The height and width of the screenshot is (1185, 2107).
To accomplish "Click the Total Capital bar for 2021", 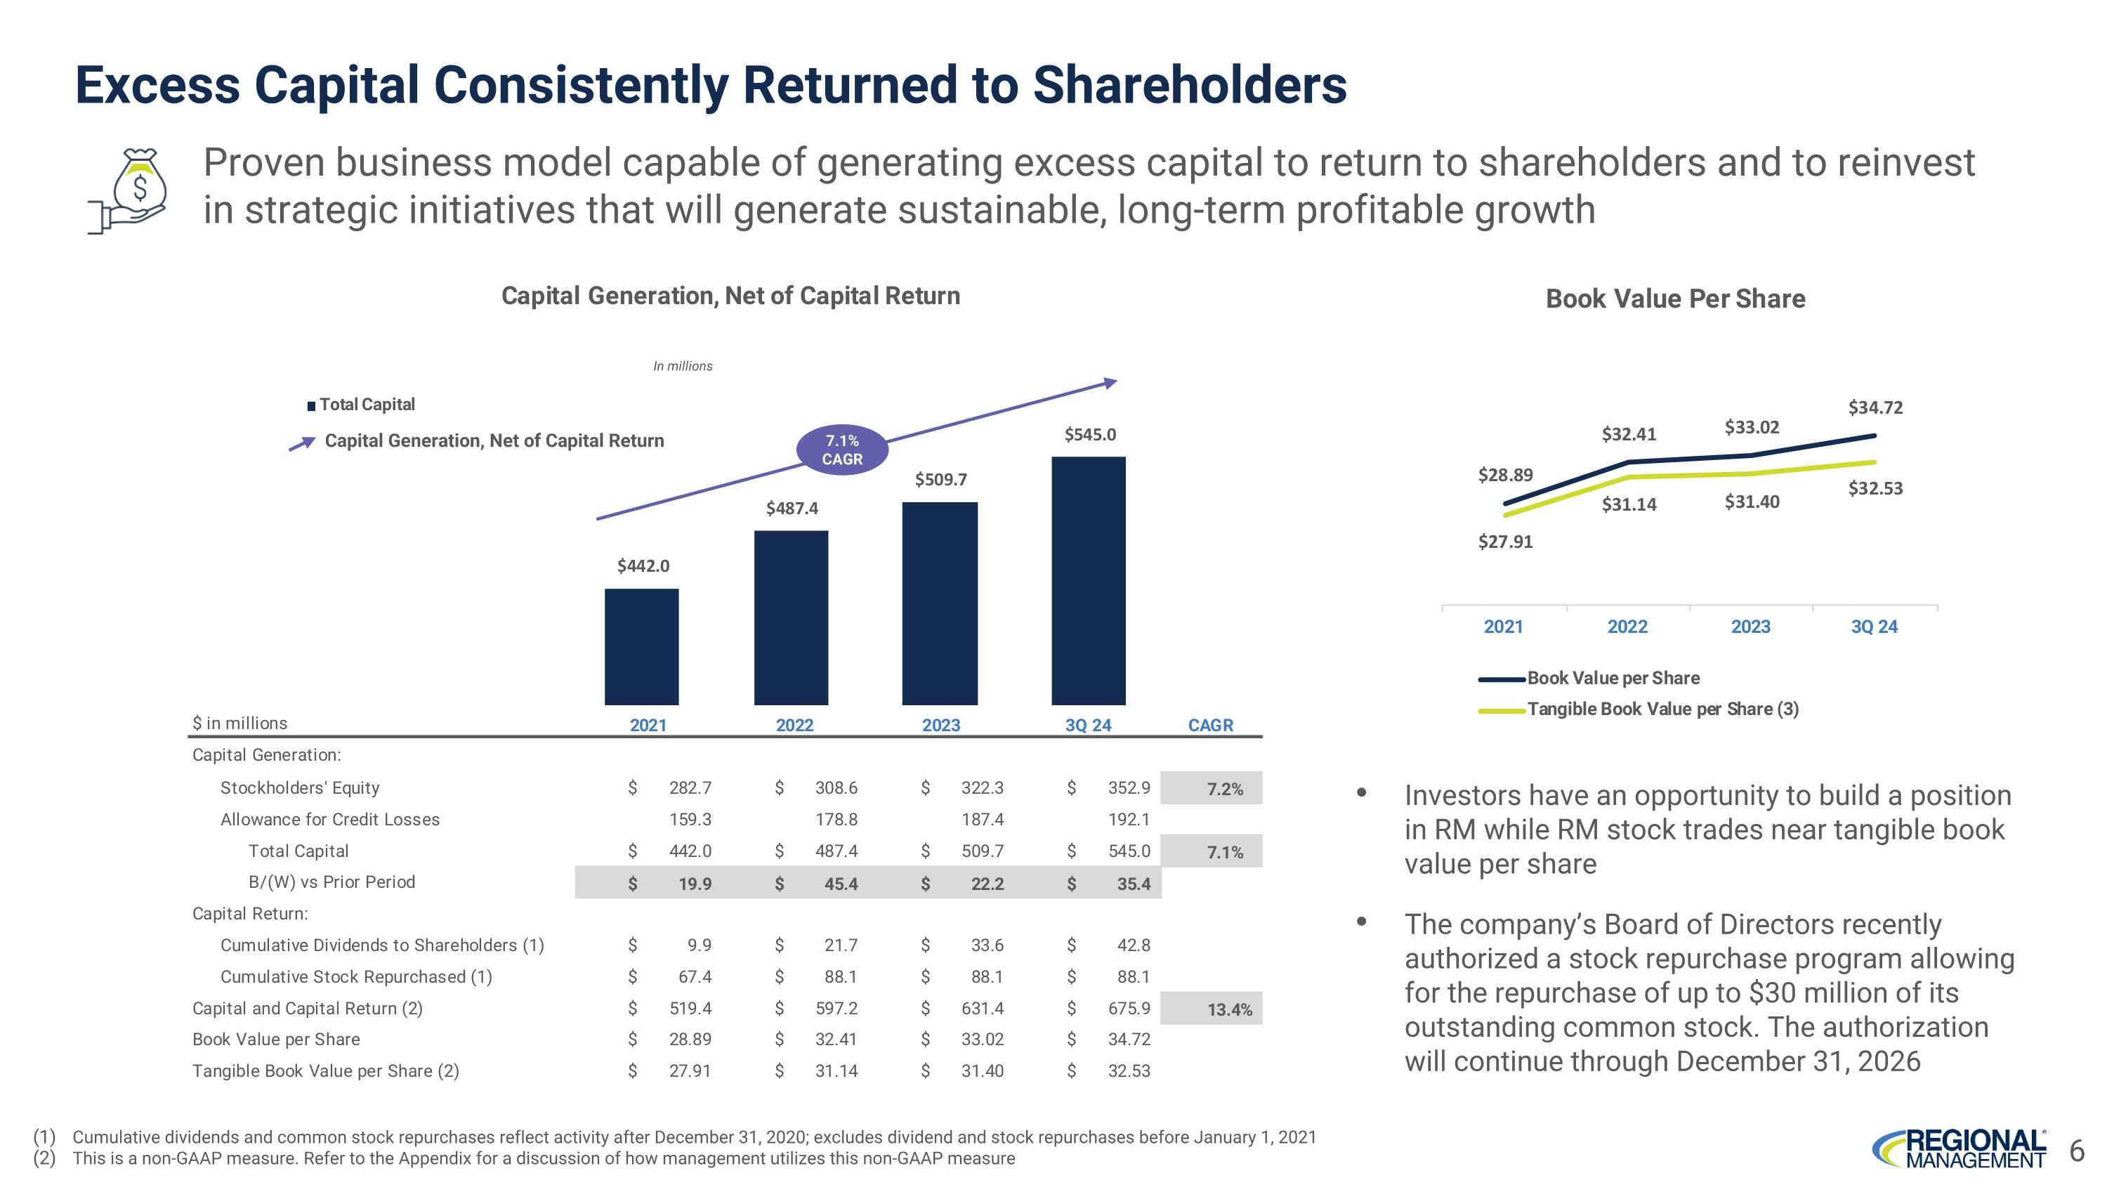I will tap(641, 646).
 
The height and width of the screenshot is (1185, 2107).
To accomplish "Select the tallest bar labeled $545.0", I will tap(1088, 581).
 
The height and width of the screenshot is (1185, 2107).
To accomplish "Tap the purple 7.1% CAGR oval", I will tap(841, 450).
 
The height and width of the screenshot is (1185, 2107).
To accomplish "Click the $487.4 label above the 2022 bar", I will tap(792, 509).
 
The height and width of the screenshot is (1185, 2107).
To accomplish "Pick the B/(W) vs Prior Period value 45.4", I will tap(840, 883).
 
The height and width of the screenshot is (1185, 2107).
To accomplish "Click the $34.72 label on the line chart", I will tap(1875, 407).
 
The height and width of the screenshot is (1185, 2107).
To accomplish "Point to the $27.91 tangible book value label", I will tap(1505, 542).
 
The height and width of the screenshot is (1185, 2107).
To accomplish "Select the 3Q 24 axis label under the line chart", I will tap(1874, 627).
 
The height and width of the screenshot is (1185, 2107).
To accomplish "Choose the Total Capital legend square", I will tap(311, 405).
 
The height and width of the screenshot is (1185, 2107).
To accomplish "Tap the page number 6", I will tap(2076, 1151).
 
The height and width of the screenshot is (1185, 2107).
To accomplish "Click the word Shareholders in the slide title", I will tap(1189, 85).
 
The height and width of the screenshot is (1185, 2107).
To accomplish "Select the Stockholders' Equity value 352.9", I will tap(1129, 787).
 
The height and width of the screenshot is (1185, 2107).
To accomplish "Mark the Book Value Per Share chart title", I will tap(1675, 299).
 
